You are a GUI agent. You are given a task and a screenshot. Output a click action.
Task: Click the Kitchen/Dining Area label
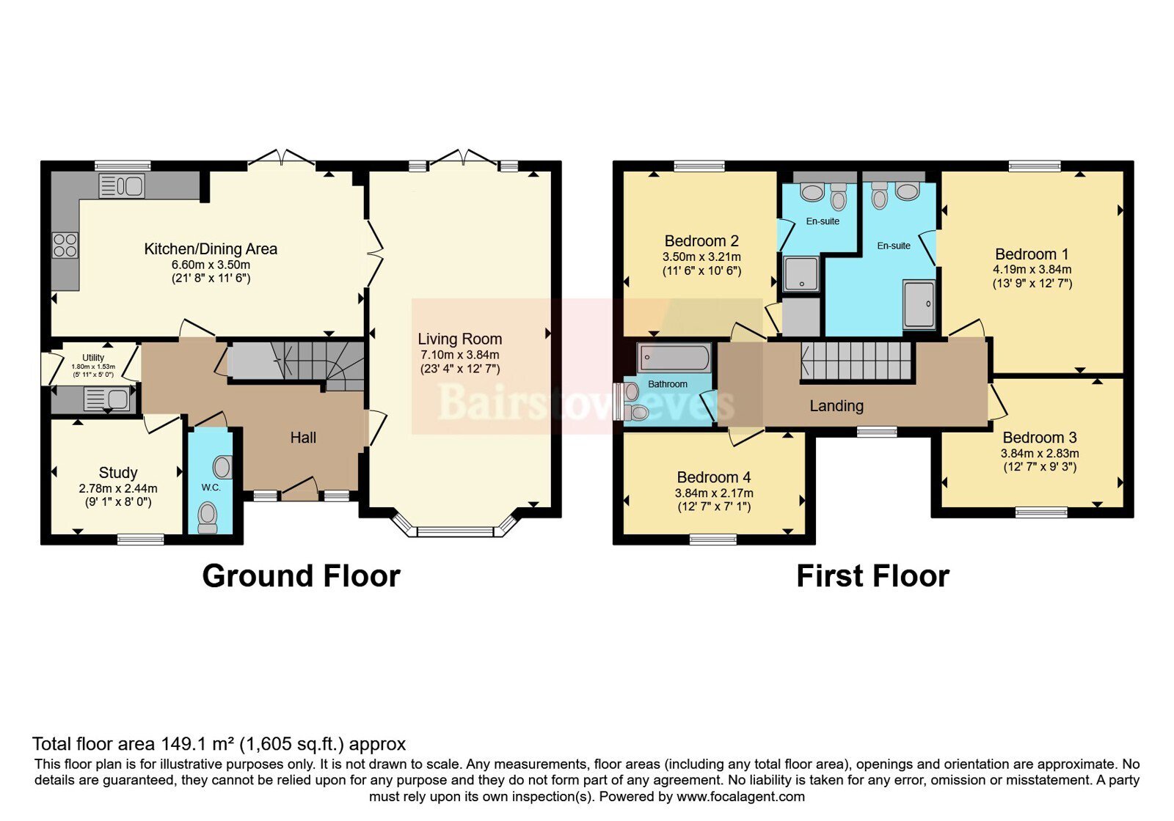[x=211, y=248]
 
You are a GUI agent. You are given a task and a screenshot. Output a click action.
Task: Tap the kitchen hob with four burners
[x=65, y=246]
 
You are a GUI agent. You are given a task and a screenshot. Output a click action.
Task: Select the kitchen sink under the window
[x=122, y=186]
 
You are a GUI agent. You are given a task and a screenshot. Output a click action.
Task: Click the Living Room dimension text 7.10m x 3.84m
[x=459, y=355]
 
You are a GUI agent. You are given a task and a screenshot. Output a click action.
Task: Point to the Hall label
[x=303, y=438]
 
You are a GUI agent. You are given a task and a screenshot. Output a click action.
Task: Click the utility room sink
[x=106, y=400]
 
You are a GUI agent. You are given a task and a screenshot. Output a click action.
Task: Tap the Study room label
[x=118, y=473]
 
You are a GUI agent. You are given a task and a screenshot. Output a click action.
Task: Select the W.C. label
[x=211, y=487]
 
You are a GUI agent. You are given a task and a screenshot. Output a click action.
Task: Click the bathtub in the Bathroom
[x=674, y=358]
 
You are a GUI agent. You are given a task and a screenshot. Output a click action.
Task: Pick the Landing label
[x=836, y=406]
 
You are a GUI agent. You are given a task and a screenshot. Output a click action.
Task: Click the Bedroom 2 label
[x=701, y=241]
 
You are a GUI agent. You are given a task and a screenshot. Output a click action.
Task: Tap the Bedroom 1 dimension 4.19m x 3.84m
[x=1032, y=270]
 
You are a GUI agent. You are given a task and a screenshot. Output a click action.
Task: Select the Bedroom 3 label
[x=1040, y=437]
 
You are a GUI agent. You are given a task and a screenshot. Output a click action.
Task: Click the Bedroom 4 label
[x=714, y=477]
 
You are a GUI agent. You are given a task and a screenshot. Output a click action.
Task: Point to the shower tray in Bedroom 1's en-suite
[x=919, y=304]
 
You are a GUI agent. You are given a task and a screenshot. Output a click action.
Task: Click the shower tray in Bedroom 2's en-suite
[x=801, y=274]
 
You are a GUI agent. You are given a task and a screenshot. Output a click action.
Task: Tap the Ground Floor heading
[x=302, y=576]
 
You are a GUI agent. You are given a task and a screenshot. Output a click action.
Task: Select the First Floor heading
[x=872, y=576]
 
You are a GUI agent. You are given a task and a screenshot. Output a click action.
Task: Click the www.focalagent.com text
[x=740, y=797]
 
